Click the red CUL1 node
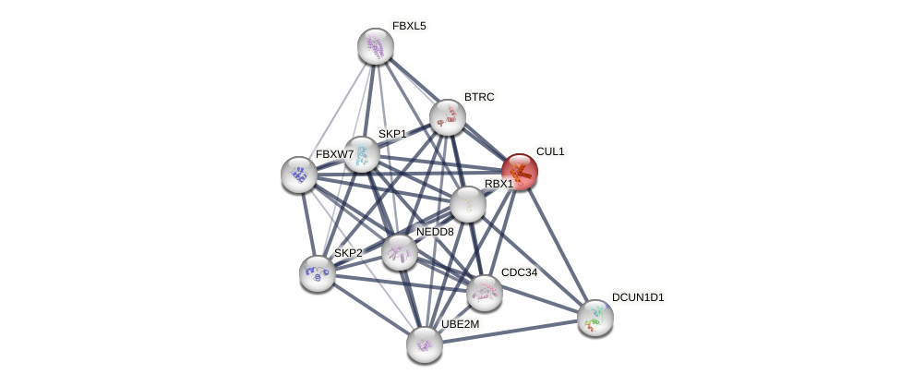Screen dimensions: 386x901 [520, 172]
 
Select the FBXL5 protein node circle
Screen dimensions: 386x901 [376, 46]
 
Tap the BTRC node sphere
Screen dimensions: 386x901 [448, 117]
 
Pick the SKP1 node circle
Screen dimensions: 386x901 [362, 154]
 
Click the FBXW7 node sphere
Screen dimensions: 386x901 [299, 174]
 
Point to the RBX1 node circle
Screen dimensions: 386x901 [468, 204]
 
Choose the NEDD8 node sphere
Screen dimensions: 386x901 [400, 251]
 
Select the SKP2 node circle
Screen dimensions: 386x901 [318, 272]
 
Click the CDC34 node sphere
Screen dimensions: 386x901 [485, 293]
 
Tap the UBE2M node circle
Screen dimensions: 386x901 [425, 344]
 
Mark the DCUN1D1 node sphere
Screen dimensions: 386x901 [595, 318]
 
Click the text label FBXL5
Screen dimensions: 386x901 [409, 26]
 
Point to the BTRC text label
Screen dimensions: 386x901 [479, 97]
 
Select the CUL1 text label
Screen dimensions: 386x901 [550, 151]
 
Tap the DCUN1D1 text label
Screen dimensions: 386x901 [638, 297]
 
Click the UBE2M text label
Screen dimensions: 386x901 [460, 324]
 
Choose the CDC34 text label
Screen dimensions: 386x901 [519, 272]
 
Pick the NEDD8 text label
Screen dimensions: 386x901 [435, 232]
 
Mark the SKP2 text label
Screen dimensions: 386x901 [348, 253]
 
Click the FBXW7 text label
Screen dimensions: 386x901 [334, 154]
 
